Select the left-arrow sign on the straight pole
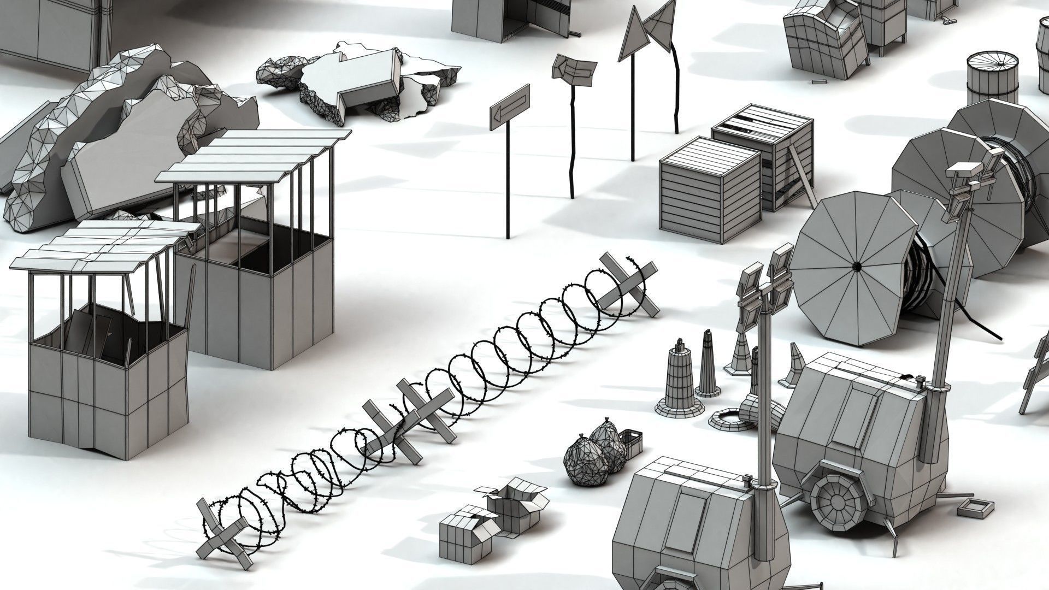(x=509, y=107)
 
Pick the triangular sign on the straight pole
(x=632, y=35)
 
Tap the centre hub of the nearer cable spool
(x=856, y=266)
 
